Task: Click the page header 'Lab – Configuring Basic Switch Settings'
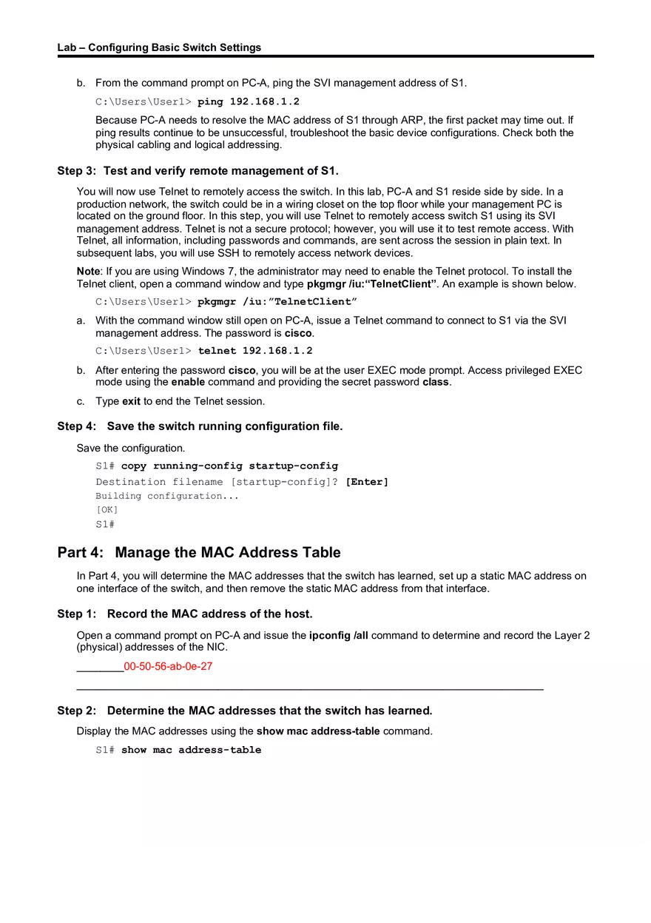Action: (159, 47)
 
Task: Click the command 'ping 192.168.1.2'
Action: (249, 101)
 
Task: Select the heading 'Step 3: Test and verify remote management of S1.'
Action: (198, 171)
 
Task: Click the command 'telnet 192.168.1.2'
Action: (255, 351)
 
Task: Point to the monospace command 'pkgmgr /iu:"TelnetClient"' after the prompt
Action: (277, 302)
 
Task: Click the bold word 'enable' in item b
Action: (188, 383)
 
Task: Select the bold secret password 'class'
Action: (436, 383)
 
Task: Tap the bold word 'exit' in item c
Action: (131, 401)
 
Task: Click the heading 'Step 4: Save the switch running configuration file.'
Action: (200, 426)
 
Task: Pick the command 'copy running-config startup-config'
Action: (229, 466)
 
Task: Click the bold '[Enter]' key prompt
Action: (367, 482)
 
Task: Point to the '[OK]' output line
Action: (107, 510)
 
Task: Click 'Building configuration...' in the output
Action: (167, 496)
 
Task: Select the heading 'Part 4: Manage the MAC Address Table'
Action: (199, 553)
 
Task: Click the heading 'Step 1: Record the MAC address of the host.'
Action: (185, 614)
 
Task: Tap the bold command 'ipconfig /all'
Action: (338, 635)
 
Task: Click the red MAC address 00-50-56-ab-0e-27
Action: (168, 666)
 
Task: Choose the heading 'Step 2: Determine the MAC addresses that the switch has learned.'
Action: (245, 711)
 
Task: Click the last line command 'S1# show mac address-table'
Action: (178, 750)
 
